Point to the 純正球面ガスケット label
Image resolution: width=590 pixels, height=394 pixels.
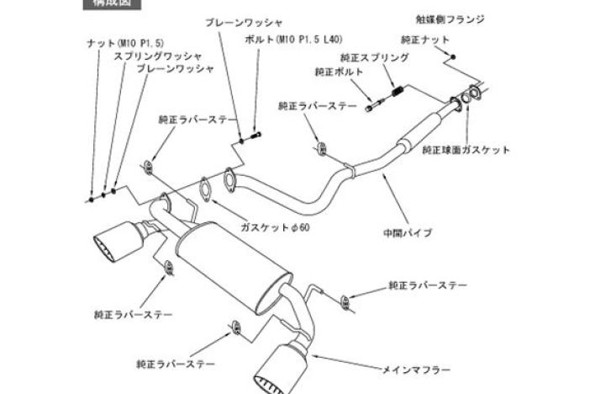coord(466,150)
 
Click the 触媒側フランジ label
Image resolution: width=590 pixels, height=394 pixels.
coord(450,19)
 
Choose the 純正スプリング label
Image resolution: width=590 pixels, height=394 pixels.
coord(374,57)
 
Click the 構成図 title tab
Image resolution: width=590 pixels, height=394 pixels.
coord(111,3)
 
